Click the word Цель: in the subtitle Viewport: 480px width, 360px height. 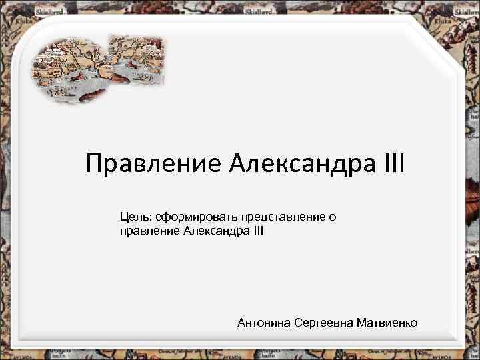(x=135, y=217)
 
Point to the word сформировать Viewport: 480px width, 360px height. (x=191, y=217)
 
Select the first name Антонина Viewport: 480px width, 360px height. (x=264, y=323)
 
